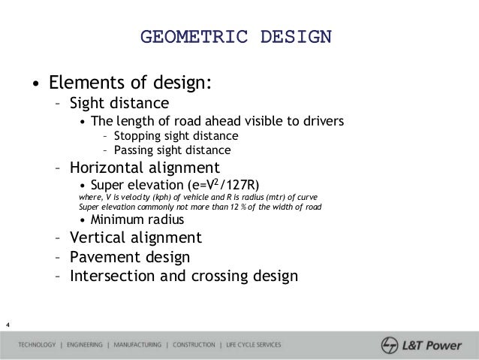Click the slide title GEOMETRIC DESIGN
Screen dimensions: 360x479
pos(236,36)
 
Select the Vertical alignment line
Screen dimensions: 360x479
pos(135,238)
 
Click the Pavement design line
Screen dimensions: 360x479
pos(129,257)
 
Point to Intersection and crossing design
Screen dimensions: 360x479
pos(183,275)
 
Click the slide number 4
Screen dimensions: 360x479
pos(8,325)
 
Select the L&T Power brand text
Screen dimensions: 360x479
pos(435,346)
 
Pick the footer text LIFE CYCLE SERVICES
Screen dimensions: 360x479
pos(251,346)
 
